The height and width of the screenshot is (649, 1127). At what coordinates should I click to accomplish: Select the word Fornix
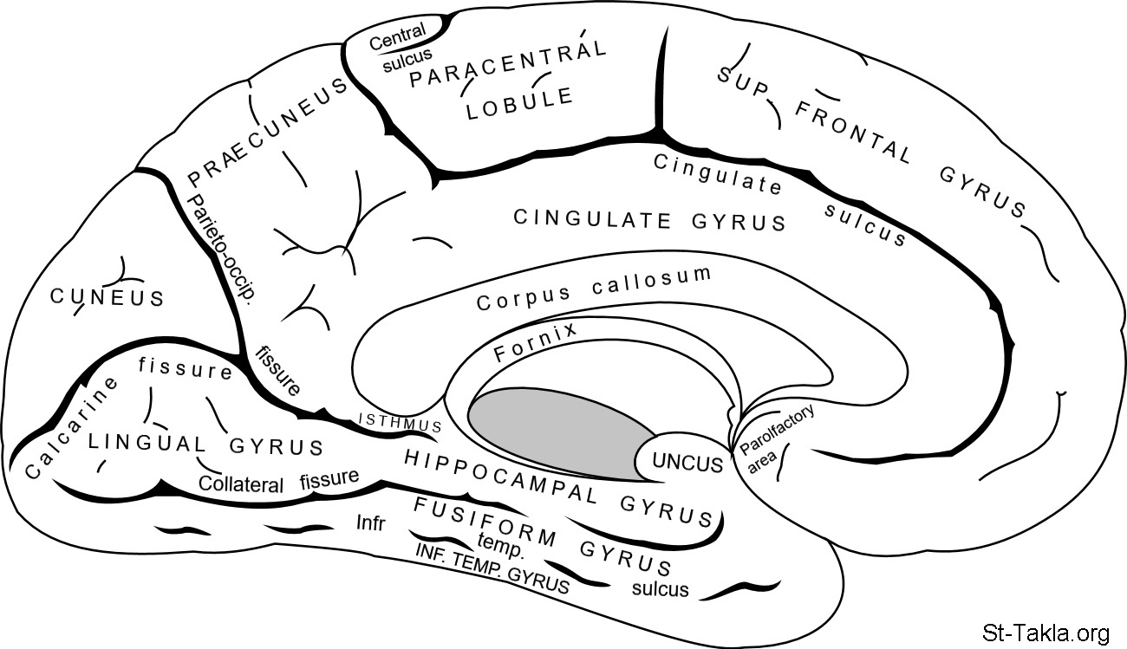coord(535,343)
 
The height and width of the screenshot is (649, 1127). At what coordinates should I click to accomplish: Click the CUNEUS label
coord(107,298)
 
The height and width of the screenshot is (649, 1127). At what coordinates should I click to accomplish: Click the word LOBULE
coord(519,104)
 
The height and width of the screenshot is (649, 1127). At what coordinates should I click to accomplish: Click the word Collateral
coord(240,484)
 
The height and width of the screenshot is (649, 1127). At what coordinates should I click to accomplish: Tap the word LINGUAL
coord(147,443)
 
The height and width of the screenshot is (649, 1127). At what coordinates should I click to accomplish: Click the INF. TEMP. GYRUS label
coord(492,568)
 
